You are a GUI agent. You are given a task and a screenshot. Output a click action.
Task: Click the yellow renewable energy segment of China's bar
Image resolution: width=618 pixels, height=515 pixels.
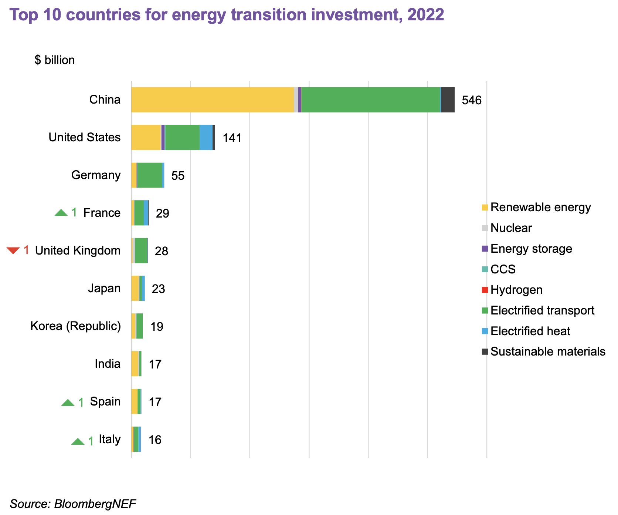[213, 100]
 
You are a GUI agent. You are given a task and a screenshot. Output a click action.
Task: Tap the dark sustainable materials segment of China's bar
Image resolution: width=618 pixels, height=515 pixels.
[448, 100]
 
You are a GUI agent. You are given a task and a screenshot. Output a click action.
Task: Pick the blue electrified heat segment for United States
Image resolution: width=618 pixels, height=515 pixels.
[206, 138]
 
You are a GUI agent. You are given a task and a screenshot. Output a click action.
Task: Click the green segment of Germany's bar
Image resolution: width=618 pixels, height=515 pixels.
[150, 175]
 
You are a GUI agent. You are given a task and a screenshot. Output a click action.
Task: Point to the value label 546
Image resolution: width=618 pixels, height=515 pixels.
[472, 101]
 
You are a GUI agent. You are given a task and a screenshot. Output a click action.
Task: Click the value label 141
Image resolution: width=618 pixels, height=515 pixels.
[232, 138]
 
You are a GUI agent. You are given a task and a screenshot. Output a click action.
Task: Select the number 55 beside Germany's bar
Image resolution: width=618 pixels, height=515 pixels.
[178, 176]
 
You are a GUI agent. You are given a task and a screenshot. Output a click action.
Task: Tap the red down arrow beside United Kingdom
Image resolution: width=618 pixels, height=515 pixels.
[13, 250]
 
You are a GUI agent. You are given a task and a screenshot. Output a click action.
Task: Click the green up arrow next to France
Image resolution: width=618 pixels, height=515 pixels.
[61, 213]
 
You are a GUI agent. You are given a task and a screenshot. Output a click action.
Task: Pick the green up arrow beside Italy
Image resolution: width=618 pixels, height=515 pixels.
[78, 441]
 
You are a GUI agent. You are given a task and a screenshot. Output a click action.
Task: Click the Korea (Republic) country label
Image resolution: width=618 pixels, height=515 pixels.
[75, 326]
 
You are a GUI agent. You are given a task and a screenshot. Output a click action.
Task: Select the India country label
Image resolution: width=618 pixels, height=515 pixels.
[108, 364]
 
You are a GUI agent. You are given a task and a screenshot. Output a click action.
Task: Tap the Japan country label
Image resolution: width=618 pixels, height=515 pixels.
[104, 289]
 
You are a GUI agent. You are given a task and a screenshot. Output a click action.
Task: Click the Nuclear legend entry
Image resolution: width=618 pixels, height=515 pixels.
[511, 228]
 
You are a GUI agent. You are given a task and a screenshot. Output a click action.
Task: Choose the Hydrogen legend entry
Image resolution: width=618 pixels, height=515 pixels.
[516, 290]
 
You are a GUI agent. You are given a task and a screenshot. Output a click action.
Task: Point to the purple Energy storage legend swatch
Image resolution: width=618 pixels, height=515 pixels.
[485, 249]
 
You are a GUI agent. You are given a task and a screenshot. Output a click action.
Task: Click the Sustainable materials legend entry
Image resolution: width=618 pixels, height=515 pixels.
[548, 352]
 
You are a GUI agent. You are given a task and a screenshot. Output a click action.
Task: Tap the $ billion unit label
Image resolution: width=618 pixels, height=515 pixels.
[55, 60]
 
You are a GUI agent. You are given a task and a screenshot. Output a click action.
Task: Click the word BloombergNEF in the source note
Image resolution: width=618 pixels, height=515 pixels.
[95, 504]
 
